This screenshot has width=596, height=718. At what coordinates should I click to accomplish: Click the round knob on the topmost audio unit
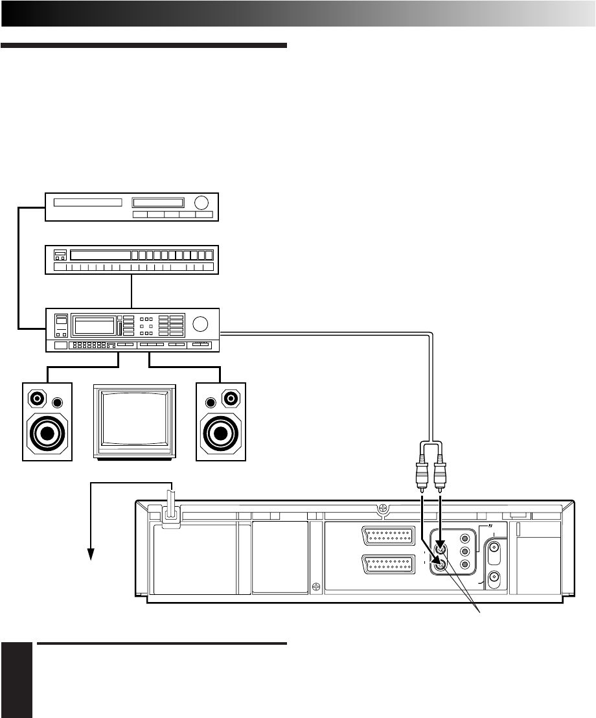click(x=203, y=202)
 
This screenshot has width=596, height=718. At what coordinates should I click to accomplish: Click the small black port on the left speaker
click(x=59, y=402)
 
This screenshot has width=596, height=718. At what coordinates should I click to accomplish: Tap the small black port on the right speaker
click(x=209, y=402)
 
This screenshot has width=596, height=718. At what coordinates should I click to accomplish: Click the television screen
click(x=135, y=421)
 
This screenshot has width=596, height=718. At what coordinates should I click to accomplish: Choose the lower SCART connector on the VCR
click(x=389, y=564)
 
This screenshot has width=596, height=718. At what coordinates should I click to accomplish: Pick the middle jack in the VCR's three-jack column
click(x=464, y=551)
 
